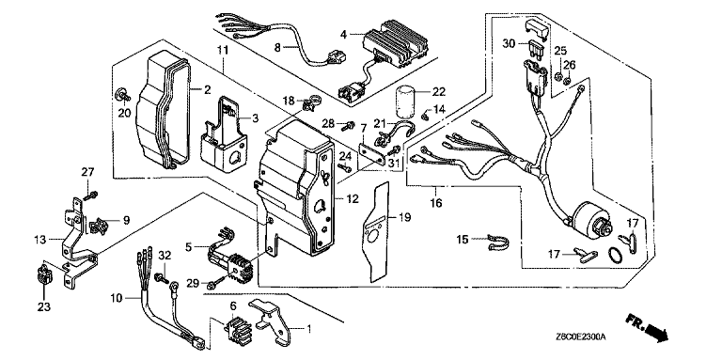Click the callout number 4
343,34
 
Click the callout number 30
509,43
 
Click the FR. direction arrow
647,327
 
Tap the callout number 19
405,217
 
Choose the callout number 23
44,306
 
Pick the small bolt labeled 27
91,195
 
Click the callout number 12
352,198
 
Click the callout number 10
117,298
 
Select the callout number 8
277,46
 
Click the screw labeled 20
122,94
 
